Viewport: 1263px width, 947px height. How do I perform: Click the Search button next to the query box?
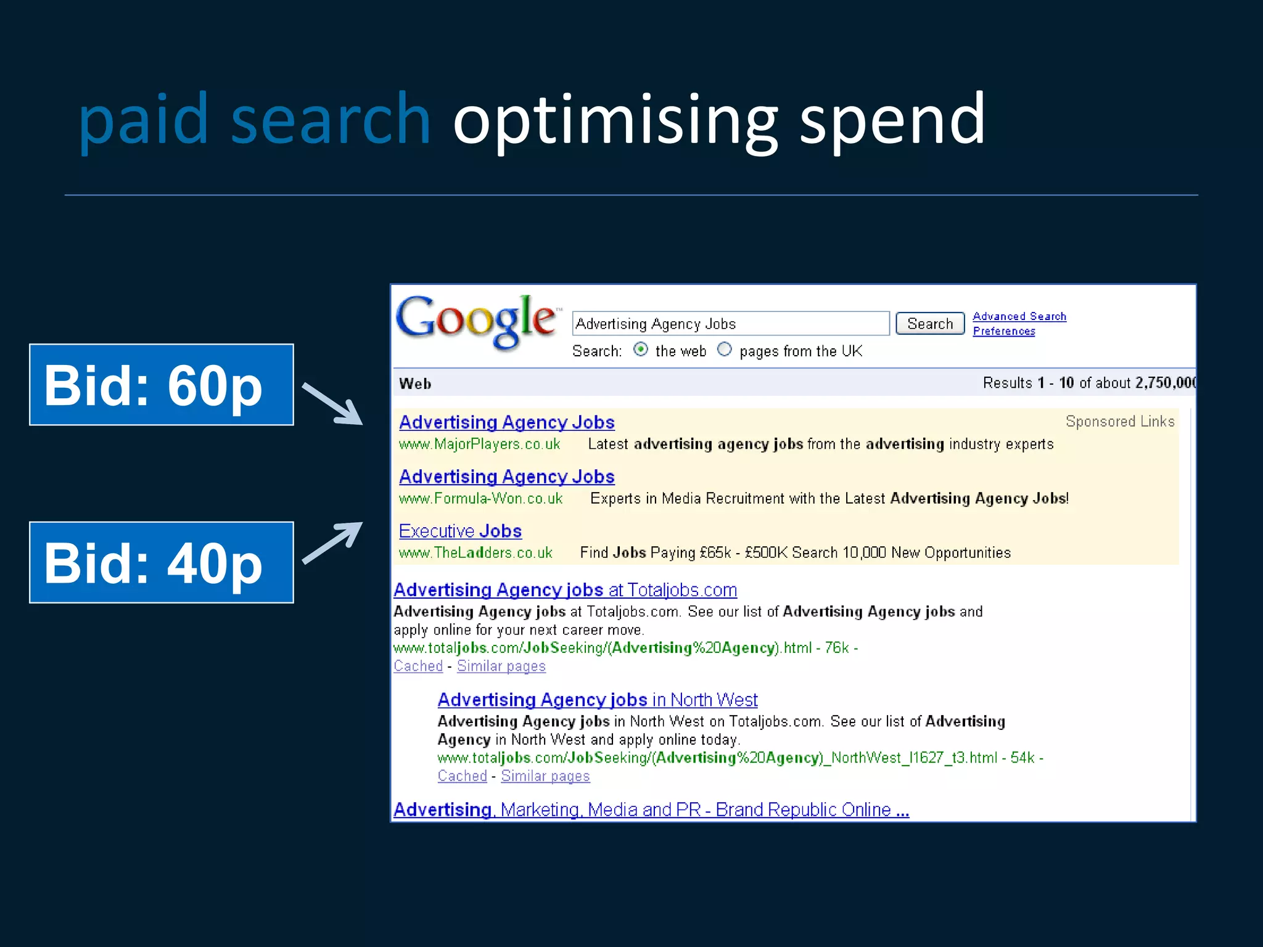pyautogui.click(x=929, y=324)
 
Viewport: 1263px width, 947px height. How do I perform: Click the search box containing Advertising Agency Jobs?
pyautogui.click(x=730, y=324)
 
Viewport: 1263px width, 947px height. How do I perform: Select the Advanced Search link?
pyautogui.click(x=1019, y=316)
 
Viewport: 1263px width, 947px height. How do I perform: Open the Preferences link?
pyautogui.click(x=1003, y=331)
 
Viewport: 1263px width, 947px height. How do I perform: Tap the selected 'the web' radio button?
pyautogui.click(x=641, y=350)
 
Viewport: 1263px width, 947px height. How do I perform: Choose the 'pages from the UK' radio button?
pyautogui.click(x=725, y=350)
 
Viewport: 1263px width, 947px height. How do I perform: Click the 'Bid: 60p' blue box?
pyautogui.click(x=162, y=385)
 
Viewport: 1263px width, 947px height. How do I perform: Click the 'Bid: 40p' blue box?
pyautogui.click(x=162, y=562)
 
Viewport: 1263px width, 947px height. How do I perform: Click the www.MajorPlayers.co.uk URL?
pyautogui.click(x=479, y=444)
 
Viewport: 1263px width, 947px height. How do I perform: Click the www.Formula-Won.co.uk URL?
pyautogui.click(x=480, y=498)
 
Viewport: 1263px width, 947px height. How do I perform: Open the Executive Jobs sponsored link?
pyautogui.click(x=460, y=531)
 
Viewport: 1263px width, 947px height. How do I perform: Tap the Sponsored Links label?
pyautogui.click(x=1119, y=422)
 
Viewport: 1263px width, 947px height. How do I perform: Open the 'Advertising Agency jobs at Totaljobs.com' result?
pyautogui.click(x=565, y=590)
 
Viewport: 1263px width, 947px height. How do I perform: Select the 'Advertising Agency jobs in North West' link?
pyautogui.click(x=597, y=700)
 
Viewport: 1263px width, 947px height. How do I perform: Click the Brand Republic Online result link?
pyautogui.click(x=651, y=810)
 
